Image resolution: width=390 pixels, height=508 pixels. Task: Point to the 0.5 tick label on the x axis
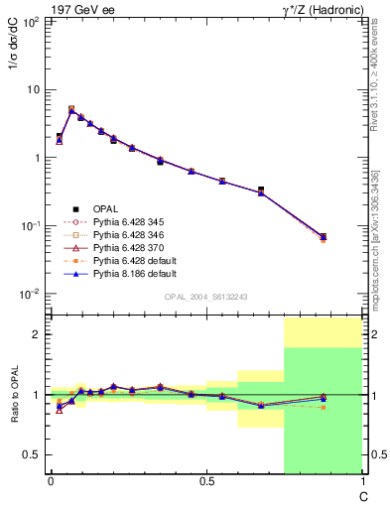(206, 483)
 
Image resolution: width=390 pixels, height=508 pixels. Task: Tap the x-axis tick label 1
(361, 483)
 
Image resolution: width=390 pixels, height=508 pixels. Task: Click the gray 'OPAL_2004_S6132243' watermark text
(206, 298)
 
